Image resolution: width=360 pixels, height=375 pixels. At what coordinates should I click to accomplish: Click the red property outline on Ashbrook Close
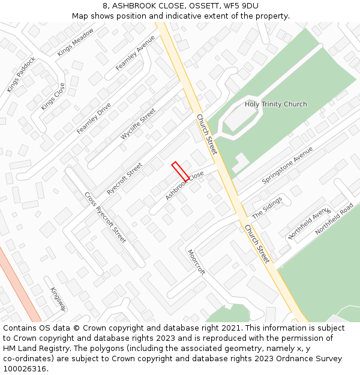[180, 171]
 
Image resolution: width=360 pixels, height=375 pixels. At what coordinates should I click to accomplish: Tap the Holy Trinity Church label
[275, 104]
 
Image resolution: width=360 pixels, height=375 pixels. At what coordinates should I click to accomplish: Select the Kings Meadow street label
[76, 42]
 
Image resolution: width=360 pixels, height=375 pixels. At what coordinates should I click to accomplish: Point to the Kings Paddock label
[22, 74]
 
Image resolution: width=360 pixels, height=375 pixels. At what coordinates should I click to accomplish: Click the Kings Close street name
[53, 97]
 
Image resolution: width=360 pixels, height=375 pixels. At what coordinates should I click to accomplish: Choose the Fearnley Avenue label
[135, 53]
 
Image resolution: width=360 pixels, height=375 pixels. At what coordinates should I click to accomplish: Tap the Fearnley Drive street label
[94, 118]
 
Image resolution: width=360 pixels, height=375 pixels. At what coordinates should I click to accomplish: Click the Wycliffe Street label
[138, 124]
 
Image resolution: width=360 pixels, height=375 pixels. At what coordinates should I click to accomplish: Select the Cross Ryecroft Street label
[105, 217]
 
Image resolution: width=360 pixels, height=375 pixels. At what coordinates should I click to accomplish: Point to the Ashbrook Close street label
[185, 185]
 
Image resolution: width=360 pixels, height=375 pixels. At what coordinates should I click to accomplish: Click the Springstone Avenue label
[287, 165]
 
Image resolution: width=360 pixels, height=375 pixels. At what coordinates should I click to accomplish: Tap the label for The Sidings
[267, 208]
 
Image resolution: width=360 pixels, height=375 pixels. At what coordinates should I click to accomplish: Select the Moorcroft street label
[196, 262]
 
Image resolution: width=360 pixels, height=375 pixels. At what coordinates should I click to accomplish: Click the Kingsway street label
[58, 298]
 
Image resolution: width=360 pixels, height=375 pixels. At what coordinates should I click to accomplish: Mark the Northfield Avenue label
[309, 224]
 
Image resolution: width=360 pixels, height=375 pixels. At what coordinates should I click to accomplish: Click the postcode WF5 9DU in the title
[241, 6]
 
